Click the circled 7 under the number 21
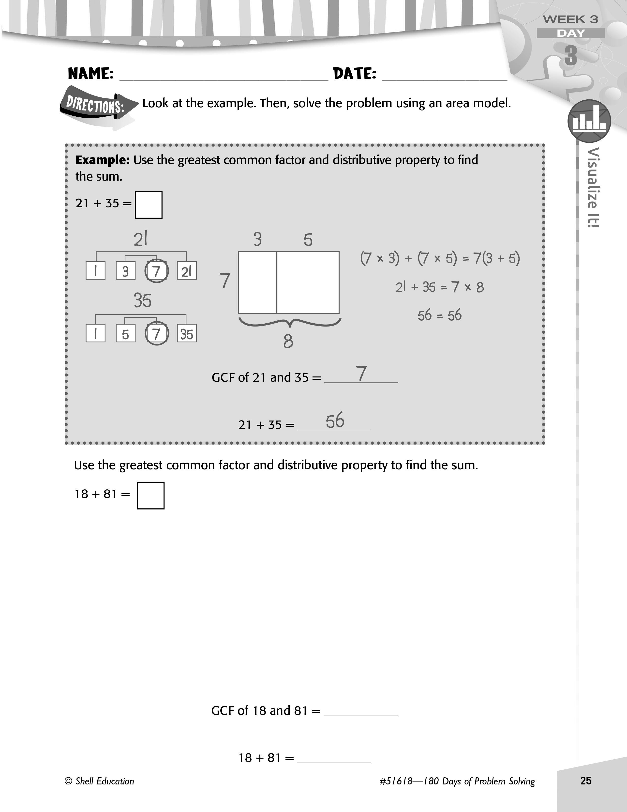pyautogui.click(x=156, y=271)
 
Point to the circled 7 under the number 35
pyautogui.click(x=156, y=333)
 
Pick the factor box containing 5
pyautogui.click(x=126, y=333)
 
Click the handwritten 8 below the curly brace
pyautogui.click(x=288, y=341)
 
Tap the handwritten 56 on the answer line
pyautogui.click(x=335, y=421)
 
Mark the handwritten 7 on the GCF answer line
pyautogui.click(x=361, y=373)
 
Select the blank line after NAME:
pyautogui.click(x=224, y=79)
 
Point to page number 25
pyautogui.click(x=586, y=781)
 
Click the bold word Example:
pyautogui.click(x=103, y=160)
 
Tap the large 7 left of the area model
pyautogui.click(x=225, y=280)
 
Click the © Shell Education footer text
pyautogui.click(x=99, y=781)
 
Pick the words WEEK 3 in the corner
pyautogui.click(x=570, y=19)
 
